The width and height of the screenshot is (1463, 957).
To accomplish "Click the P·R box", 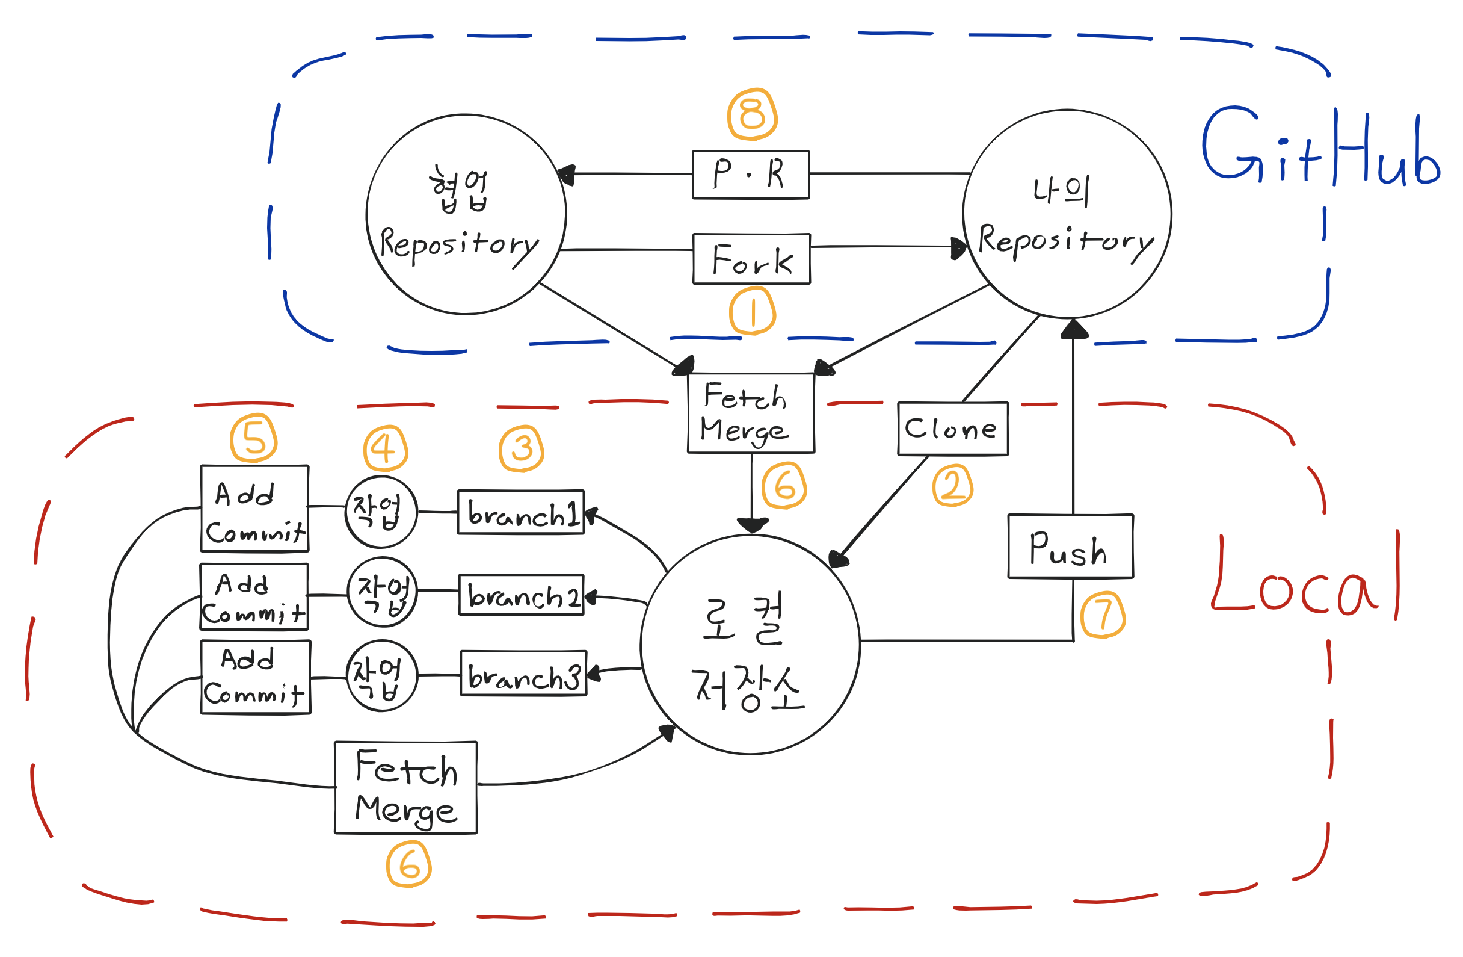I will pyautogui.click(x=751, y=175).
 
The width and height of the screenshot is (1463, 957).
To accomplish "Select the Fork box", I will pyautogui.click(x=751, y=259).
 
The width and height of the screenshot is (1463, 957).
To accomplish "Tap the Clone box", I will pyautogui.click(x=952, y=429).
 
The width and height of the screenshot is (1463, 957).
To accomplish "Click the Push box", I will pyautogui.click(x=1070, y=546).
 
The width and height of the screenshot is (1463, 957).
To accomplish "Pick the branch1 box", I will pyautogui.click(x=521, y=512).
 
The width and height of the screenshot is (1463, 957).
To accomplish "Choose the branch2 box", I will pyautogui.click(x=522, y=595).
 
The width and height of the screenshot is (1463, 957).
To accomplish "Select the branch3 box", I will pyautogui.click(x=523, y=674).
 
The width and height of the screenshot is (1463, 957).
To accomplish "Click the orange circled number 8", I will pyautogui.click(x=752, y=115).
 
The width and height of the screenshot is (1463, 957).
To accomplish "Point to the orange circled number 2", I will pyautogui.click(x=952, y=486).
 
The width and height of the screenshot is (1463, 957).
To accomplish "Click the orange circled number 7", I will pyautogui.click(x=1103, y=615).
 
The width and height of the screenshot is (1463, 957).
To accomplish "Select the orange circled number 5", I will pyautogui.click(x=253, y=439).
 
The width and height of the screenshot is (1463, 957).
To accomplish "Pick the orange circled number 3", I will pyautogui.click(x=522, y=449).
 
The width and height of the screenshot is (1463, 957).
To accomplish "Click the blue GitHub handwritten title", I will pyautogui.click(x=1319, y=147).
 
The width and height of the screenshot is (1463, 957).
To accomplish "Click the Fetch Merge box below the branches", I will pyautogui.click(x=405, y=788).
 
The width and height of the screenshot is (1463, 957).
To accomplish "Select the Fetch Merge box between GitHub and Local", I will pyautogui.click(x=751, y=413).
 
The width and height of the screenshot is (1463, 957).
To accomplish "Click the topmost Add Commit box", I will pyautogui.click(x=254, y=509).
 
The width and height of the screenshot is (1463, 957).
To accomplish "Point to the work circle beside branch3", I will pyautogui.click(x=382, y=675).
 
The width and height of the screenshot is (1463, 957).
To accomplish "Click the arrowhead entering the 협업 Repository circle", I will pyautogui.click(x=567, y=175).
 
